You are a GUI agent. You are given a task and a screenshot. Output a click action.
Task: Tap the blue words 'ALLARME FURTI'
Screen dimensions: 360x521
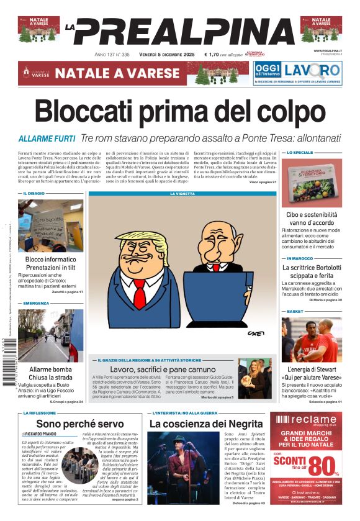tap(47, 138)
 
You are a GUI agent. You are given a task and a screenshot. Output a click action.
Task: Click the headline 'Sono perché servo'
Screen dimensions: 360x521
tap(80, 424)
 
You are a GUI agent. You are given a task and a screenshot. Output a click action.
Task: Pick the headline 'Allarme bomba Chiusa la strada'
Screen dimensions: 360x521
tap(50, 373)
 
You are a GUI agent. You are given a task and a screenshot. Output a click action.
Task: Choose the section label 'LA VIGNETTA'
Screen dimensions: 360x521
tap(182, 194)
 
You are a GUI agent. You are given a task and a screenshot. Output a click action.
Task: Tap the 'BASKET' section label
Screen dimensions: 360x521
tap(295, 311)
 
